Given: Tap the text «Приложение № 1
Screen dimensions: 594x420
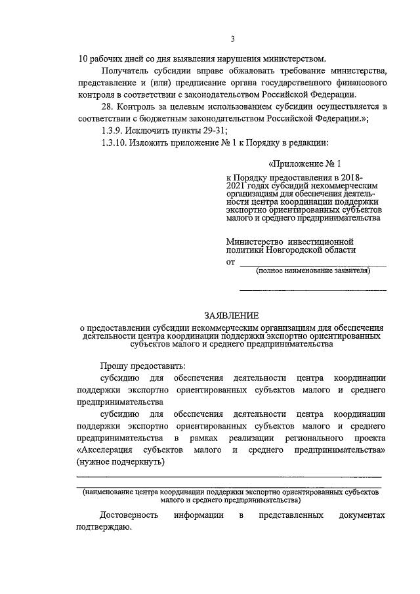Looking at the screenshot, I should coord(306,163).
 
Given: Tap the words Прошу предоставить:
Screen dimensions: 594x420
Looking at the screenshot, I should coord(143,366).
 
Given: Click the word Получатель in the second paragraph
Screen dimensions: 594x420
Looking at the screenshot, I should coord(124,71).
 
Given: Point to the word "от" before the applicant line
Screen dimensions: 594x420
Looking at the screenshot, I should coord(230,263).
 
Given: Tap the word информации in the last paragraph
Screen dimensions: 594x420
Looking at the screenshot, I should coord(199,515).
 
